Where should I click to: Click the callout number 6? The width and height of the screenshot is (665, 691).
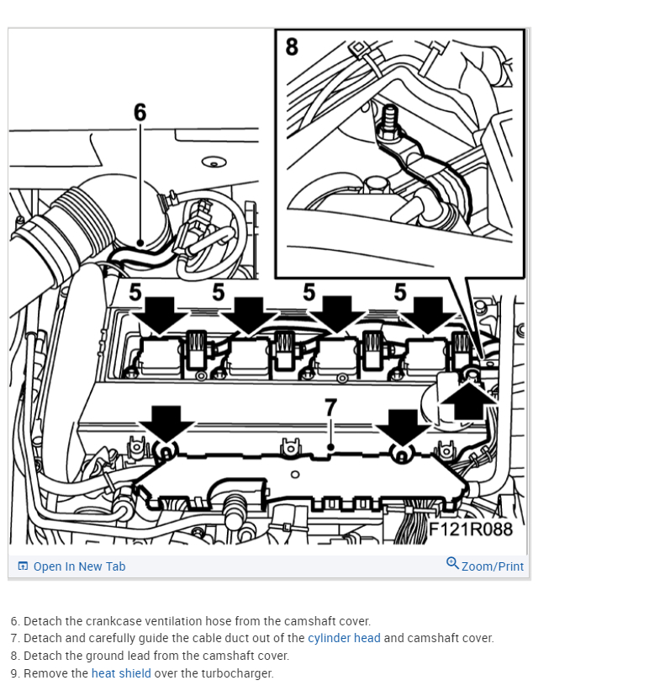pyautogui.click(x=140, y=112)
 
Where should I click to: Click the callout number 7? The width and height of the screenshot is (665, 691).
pyautogui.click(x=330, y=407)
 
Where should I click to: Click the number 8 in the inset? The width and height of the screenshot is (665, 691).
pyautogui.click(x=292, y=46)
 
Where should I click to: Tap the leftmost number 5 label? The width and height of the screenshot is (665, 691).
pyautogui.click(x=135, y=293)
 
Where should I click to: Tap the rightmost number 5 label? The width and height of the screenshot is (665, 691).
pyautogui.click(x=400, y=292)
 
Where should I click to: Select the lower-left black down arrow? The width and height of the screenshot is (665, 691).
pyautogui.click(x=166, y=421)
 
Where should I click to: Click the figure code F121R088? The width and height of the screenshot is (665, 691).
pyautogui.click(x=471, y=529)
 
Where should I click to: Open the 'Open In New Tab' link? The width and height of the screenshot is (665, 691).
pyautogui.click(x=79, y=566)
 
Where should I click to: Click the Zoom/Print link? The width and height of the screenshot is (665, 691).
pyautogui.click(x=492, y=566)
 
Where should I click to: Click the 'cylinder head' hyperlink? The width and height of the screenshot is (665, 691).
pyautogui.click(x=344, y=638)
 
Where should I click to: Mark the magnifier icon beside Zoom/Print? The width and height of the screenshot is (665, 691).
pyautogui.click(x=452, y=563)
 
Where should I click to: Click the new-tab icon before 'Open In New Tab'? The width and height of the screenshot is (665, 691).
pyautogui.click(x=23, y=566)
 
